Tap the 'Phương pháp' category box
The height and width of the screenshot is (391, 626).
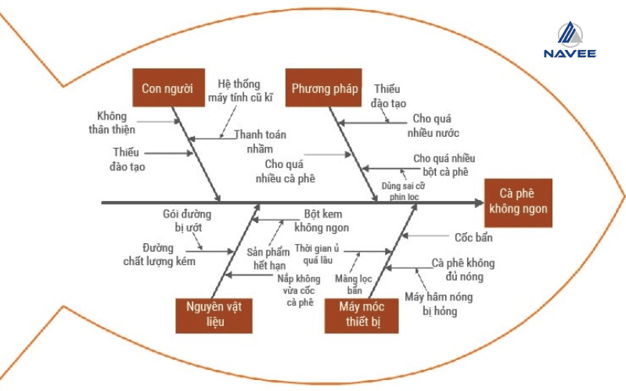(x=325, y=88)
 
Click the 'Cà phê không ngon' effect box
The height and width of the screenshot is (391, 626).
(x=518, y=203)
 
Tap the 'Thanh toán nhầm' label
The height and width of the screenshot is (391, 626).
(x=261, y=141)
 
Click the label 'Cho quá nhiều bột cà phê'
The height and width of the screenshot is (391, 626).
(x=440, y=165)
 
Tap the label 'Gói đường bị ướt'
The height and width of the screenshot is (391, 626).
(x=187, y=220)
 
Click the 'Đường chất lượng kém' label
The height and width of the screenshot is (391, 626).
(x=159, y=254)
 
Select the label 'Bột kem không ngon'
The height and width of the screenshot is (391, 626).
(x=322, y=221)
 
